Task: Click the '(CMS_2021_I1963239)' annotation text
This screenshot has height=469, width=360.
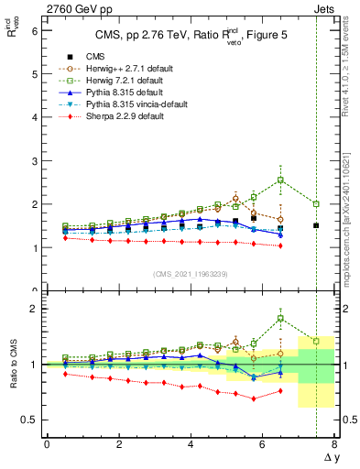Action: click(x=191, y=273)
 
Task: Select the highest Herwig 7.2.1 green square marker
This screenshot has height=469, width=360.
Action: click(x=280, y=180)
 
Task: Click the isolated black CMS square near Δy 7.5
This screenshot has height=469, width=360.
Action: click(x=316, y=225)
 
